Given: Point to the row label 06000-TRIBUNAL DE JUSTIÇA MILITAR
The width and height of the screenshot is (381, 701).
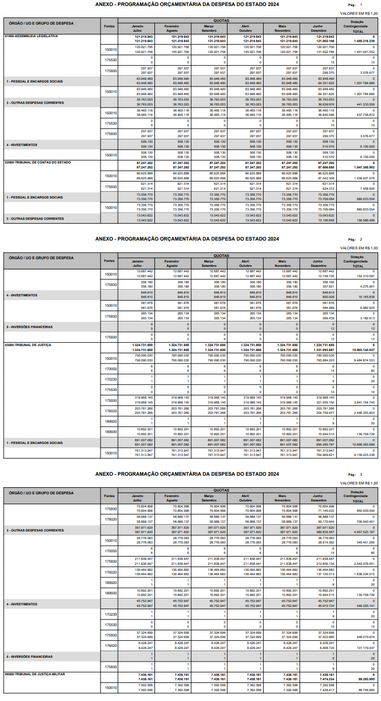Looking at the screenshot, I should pyautogui.click(x=34, y=674).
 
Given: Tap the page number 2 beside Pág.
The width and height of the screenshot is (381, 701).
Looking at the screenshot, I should pyautogui.click(x=361, y=239).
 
